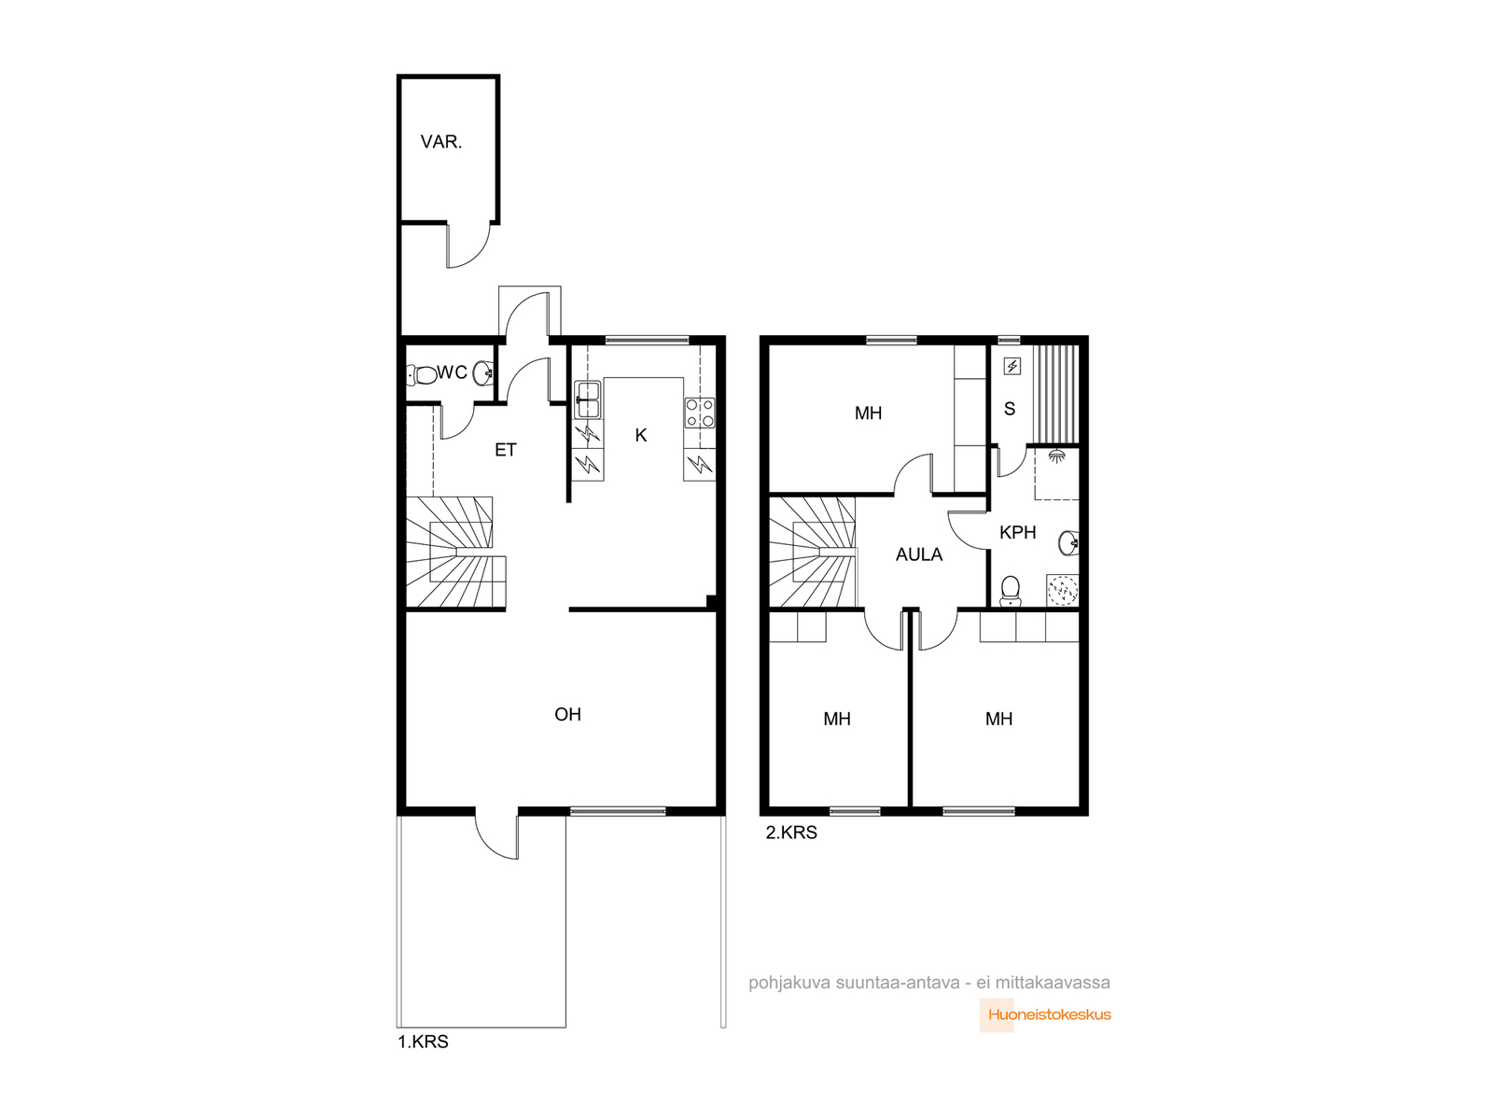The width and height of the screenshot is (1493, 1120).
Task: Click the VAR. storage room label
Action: point(440,142)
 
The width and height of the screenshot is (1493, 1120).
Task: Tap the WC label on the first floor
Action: point(452,372)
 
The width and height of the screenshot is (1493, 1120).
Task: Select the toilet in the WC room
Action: point(422,374)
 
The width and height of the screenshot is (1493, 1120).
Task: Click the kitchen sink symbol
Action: point(587,399)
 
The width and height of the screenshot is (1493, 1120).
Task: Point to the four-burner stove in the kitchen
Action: point(699,413)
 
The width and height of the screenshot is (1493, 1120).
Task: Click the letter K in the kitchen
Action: point(641,435)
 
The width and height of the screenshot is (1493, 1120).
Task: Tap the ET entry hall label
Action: point(506,450)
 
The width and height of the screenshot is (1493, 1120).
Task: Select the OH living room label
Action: point(567,714)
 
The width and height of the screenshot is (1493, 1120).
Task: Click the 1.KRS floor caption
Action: point(423,1041)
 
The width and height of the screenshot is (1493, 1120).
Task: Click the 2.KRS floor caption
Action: point(791,832)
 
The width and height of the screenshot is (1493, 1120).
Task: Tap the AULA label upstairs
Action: point(919,554)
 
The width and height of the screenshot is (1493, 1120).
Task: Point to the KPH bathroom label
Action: point(1017,532)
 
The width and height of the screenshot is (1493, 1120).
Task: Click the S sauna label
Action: point(1010,409)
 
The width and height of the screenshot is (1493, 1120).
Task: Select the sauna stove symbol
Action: point(1012,367)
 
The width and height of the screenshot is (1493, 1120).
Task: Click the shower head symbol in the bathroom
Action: point(1056,455)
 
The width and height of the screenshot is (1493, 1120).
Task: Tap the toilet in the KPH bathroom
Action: point(1010,590)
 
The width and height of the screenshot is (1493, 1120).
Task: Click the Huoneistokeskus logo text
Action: point(1050,1015)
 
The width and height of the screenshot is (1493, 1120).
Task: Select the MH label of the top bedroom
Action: point(868,413)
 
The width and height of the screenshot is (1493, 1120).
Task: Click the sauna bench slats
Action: point(1055,395)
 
